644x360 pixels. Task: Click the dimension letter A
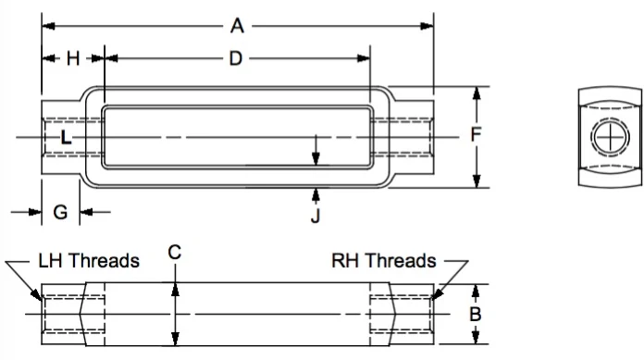click(x=237, y=26)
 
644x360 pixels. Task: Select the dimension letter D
click(x=236, y=58)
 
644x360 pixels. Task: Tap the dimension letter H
click(x=73, y=58)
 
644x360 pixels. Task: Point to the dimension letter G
click(x=60, y=212)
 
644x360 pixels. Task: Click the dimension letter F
click(x=476, y=134)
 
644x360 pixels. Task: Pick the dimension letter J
click(x=316, y=216)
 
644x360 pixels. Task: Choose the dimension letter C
click(x=175, y=252)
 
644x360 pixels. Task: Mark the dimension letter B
click(x=476, y=314)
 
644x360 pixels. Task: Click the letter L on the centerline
click(x=66, y=137)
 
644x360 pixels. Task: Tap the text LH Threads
click(x=89, y=261)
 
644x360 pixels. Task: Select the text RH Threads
click(x=384, y=261)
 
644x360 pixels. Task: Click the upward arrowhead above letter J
click(x=316, y=194)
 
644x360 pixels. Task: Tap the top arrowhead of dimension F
click(x=477, y=93)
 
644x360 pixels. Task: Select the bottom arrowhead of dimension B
click(x=476, y=337)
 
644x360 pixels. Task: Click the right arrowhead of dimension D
click(x=364, y=58)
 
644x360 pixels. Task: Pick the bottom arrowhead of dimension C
click(x=175, y=338)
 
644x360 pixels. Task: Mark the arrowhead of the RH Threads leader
click(x=437, y=294)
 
